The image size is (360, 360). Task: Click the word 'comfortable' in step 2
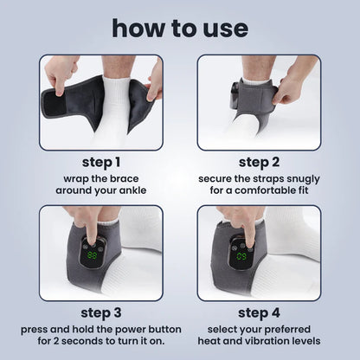260,190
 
